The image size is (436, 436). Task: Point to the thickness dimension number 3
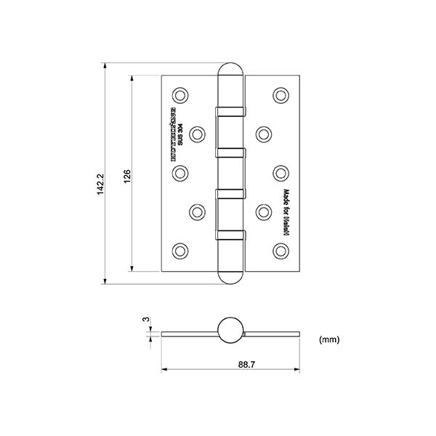point(146,320)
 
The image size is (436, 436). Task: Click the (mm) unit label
point(328,339)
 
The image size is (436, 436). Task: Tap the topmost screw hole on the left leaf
point(179,94)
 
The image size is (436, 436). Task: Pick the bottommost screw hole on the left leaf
point(179,250)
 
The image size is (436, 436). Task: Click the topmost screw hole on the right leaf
point(280,94)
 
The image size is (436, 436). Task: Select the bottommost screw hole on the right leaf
point(280,250)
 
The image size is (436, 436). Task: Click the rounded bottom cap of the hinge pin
point(230,276)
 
